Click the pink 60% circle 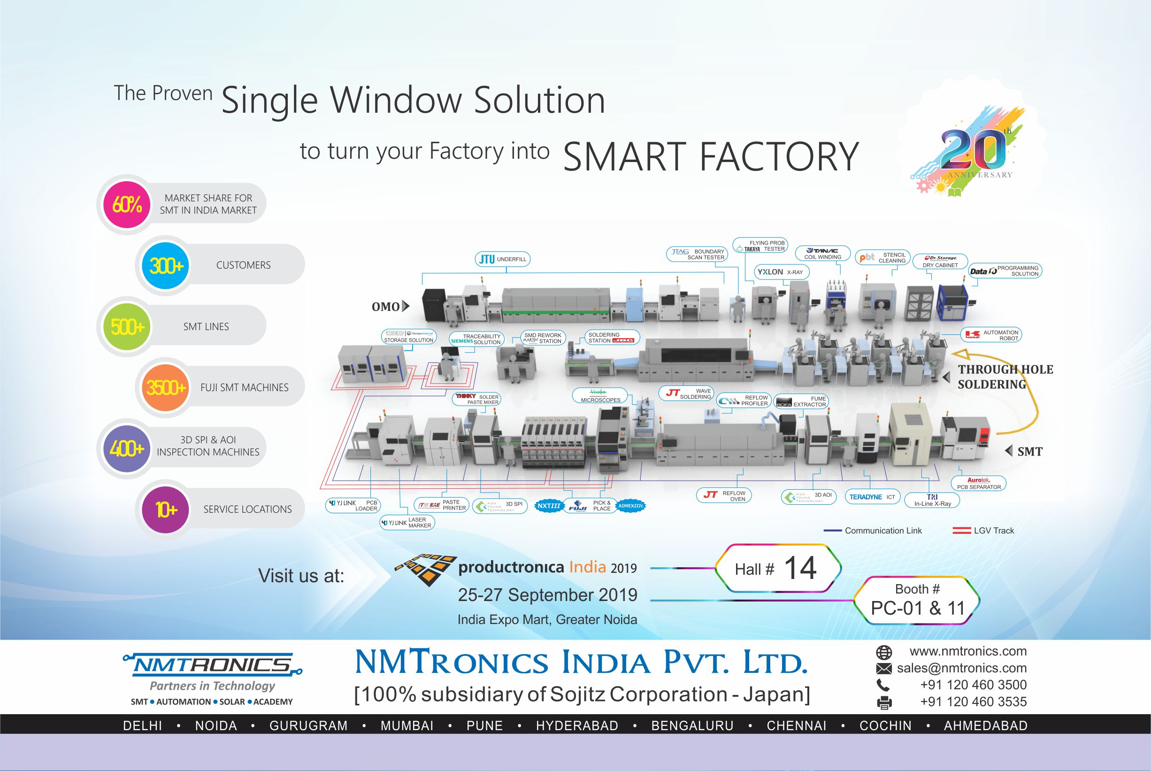(x=127, y=204)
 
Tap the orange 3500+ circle (x=166, y=387)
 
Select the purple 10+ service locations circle (x=166, y=509)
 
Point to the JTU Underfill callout (x=502, y=259)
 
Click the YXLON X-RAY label (x=781, y=272)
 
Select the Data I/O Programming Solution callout (x=1005, y=271)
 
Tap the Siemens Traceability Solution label (x=476, y=339)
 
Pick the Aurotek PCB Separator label (x=979, y=483)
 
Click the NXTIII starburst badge (x=548, y=506)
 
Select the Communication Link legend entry (x=873, y=531)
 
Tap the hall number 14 (x=800, y=568)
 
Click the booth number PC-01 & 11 (x=917, y=608)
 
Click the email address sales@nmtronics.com (x=961, y=668)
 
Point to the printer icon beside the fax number (x=884, y=702)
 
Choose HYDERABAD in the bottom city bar (x=577, y=726)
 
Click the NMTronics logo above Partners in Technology (x=212, y=665)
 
